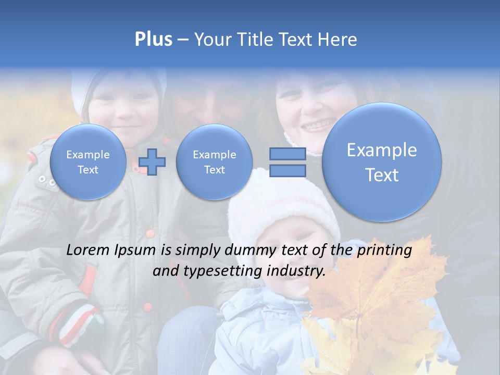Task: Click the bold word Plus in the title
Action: pyautogui.click(x=153, y=39)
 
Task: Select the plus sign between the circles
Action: pyautogui.click(x=152, y=161)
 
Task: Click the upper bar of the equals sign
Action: pyautogui.click(x=287, y=154)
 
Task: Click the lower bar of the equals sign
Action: pyautogui.click(x=287, y=171)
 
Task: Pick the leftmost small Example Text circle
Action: pyautogui.click(x=88, y=162)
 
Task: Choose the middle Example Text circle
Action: pyautogui.click(x=214, y=162)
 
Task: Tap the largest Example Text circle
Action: pyautogui.click(x=382, y=162)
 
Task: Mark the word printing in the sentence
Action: pyautogui.click(x=385, y=251)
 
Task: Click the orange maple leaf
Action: pyautogui.click(x=375, y=297)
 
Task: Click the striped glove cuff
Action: pyautogui.click(x=78, y=320)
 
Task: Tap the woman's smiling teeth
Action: pyautogui.click(x=316, y=126)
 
